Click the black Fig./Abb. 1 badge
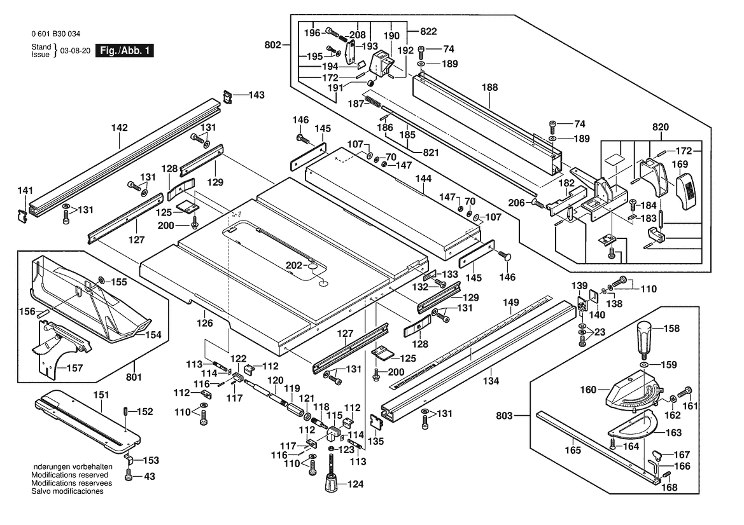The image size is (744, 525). [123, 50]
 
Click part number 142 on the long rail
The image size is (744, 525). [120, 128]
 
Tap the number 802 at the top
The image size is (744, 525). [272, 44]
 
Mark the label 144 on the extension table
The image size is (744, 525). [423, 181]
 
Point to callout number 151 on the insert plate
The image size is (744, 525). [101, 394]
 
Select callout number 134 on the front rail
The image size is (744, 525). [491, 381]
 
